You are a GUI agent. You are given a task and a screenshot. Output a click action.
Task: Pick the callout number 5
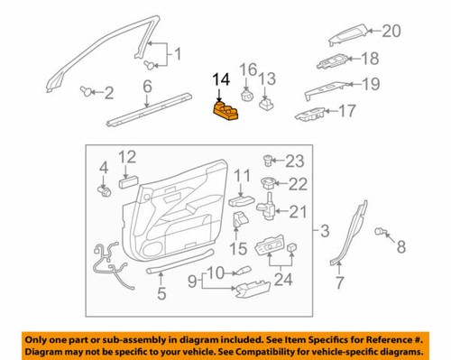tap(161, 291)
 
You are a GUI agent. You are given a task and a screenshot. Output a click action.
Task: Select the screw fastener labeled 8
tap(382, 233)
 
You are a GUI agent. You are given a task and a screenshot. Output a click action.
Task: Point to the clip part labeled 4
tap(104, 189)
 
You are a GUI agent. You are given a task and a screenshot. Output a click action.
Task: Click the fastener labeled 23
tap(269, 162)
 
